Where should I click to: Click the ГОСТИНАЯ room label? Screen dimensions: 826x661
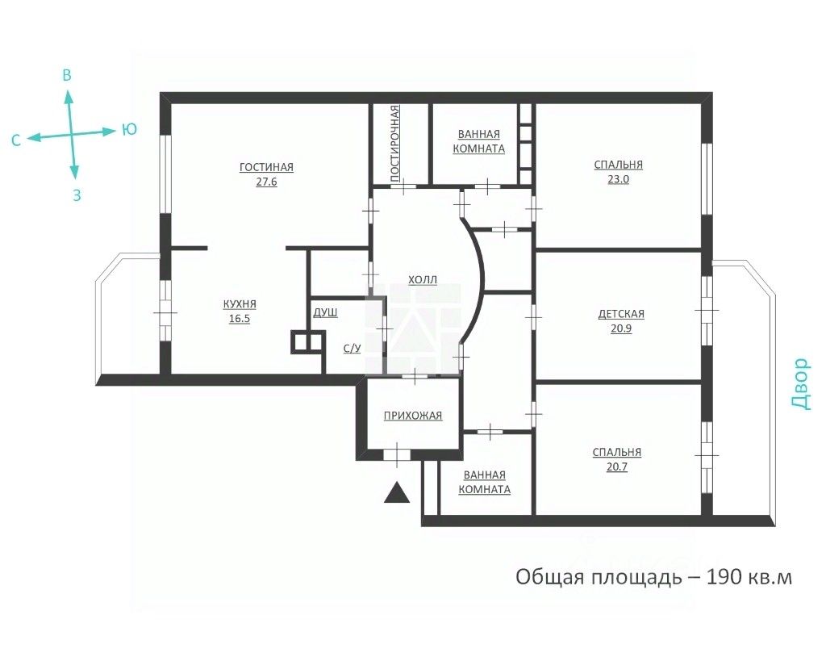click(x=266, y=167)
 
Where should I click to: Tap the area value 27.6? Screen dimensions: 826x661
click(x=266, y=182)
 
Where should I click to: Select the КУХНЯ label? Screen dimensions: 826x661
click(x=240, y=304)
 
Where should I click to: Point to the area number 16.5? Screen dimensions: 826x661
click(x=239, y=319)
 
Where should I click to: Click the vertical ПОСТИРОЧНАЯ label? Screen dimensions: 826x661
click(x=394, y=144)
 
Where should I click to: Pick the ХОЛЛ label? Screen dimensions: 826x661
click(x=423, y=280)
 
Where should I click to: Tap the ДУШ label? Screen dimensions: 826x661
click(x=326, y=312)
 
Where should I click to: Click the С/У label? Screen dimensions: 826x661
click(x=352, y=349)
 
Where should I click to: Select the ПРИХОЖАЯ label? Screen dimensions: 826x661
click(x=412, y=416)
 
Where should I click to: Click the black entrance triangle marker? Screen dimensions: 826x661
click(x=397, y=493)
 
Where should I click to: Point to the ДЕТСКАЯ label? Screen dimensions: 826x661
click(x=621, y=314)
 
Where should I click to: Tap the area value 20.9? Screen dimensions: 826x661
click(x=621, y=328)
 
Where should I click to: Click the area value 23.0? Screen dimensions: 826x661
click(x=619, y=179)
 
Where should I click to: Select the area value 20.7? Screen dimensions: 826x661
click(x=617, y=467)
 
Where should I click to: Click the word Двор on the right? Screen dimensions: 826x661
click(x=799, y=383)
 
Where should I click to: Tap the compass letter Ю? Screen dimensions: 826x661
click(x=130, y=130)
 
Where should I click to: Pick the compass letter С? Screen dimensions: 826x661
click(x=16, y=140)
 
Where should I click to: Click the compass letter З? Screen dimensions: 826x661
click(x=77, y=195)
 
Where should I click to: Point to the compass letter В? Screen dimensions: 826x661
click(x=67, y=75)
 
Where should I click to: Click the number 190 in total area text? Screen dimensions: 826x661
click(x=724, y=577)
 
